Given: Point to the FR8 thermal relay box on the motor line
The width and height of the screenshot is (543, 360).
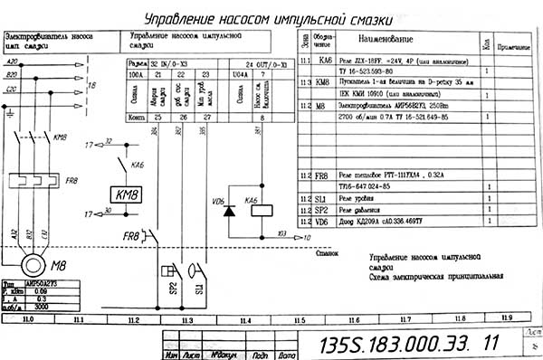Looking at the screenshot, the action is click(x=33, y=172).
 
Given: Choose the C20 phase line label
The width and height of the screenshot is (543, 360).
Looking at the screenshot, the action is click(x=13, y=90).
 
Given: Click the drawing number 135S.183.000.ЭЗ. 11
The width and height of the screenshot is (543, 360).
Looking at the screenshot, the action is click(x=403, y=345).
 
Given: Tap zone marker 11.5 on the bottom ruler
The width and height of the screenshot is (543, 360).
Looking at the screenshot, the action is click(x=299, y=320).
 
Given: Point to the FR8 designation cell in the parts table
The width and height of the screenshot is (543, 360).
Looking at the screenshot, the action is click(x=320, y=175).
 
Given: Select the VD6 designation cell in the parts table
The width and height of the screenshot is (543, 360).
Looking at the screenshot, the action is click(x=320, y=221).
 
